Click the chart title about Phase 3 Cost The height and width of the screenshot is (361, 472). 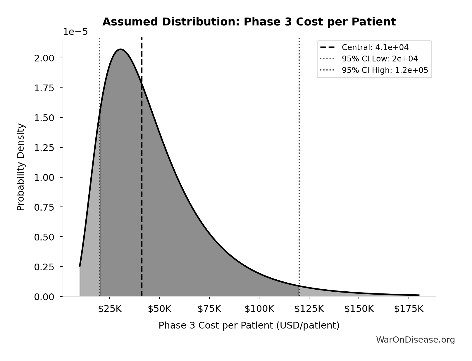249,22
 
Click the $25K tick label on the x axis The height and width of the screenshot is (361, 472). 110,309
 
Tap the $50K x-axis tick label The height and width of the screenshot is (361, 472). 159,309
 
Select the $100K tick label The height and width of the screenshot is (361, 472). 259,309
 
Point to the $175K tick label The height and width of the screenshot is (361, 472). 409,309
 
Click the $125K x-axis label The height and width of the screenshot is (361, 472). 309,309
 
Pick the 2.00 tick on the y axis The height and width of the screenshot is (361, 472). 44,58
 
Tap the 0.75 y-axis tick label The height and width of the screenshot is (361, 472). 44,207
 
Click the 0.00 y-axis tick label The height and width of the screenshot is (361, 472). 44,297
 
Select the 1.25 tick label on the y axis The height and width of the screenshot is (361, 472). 44,147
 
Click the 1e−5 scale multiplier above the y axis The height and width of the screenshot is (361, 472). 75,32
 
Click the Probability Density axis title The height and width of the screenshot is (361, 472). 21,167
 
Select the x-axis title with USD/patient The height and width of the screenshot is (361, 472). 249,325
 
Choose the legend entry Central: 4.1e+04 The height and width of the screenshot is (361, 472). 375,47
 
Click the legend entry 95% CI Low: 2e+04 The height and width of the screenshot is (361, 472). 380,59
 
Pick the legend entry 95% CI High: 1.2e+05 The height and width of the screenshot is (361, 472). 385,70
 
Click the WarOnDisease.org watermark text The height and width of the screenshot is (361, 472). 415,340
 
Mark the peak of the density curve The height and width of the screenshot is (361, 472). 120,49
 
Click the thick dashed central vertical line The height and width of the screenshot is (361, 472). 142,176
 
